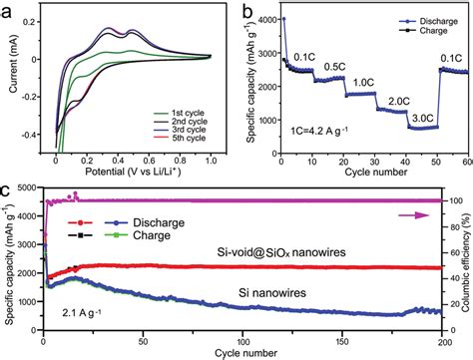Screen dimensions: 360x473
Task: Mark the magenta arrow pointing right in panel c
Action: (406, 211)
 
